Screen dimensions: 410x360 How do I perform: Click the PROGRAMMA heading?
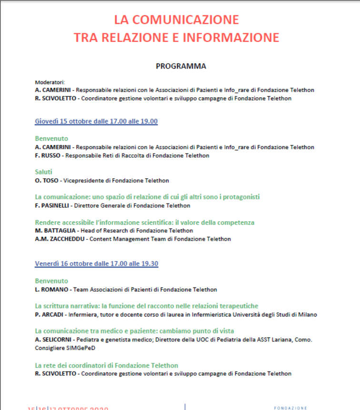point(181,66)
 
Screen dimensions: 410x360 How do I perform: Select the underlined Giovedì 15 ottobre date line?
point(96,122)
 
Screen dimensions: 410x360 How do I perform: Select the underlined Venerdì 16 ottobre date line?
point(97,264)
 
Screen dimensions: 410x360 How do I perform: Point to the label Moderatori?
point(50,82)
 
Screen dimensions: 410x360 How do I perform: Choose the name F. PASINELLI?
point(53,205)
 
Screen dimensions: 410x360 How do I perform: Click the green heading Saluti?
point(44,172)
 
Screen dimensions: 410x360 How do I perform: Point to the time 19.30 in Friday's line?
point(149,264)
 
